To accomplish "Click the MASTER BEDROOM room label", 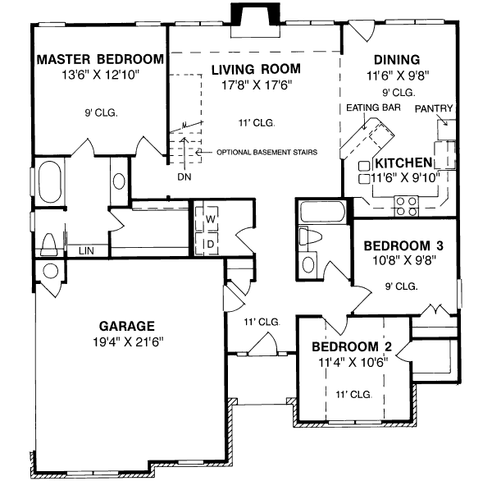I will [x=100, y=60].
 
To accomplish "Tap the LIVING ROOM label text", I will [x=254, y=69].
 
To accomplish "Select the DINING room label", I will [x=397, y=60].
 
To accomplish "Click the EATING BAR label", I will [x=367, y=108].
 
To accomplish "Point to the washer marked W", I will [x=211, y=220].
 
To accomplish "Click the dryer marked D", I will [x=211, y=244].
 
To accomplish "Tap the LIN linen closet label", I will [x=84, y=250].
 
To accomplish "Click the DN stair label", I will [x=182, y=176].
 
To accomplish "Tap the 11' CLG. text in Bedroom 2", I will [x=354, y=395].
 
